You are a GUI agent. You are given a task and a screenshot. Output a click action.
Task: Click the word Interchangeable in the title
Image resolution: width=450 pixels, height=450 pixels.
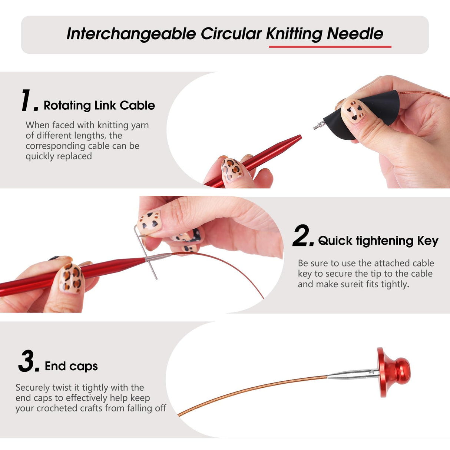tap(131, 34)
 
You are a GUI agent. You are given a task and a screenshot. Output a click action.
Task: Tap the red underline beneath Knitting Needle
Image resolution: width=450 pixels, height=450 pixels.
tap(330, 47)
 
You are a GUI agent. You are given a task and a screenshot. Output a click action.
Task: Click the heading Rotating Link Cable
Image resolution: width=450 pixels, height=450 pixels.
tap(99, 106)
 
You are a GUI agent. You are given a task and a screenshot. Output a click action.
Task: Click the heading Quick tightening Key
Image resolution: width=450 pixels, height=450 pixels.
tap(378, 241)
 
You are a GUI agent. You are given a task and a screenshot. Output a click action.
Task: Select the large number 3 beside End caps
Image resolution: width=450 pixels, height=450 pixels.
tap(28, 361)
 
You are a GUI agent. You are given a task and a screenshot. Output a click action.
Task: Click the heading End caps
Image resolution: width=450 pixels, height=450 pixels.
tap(71, 366)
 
